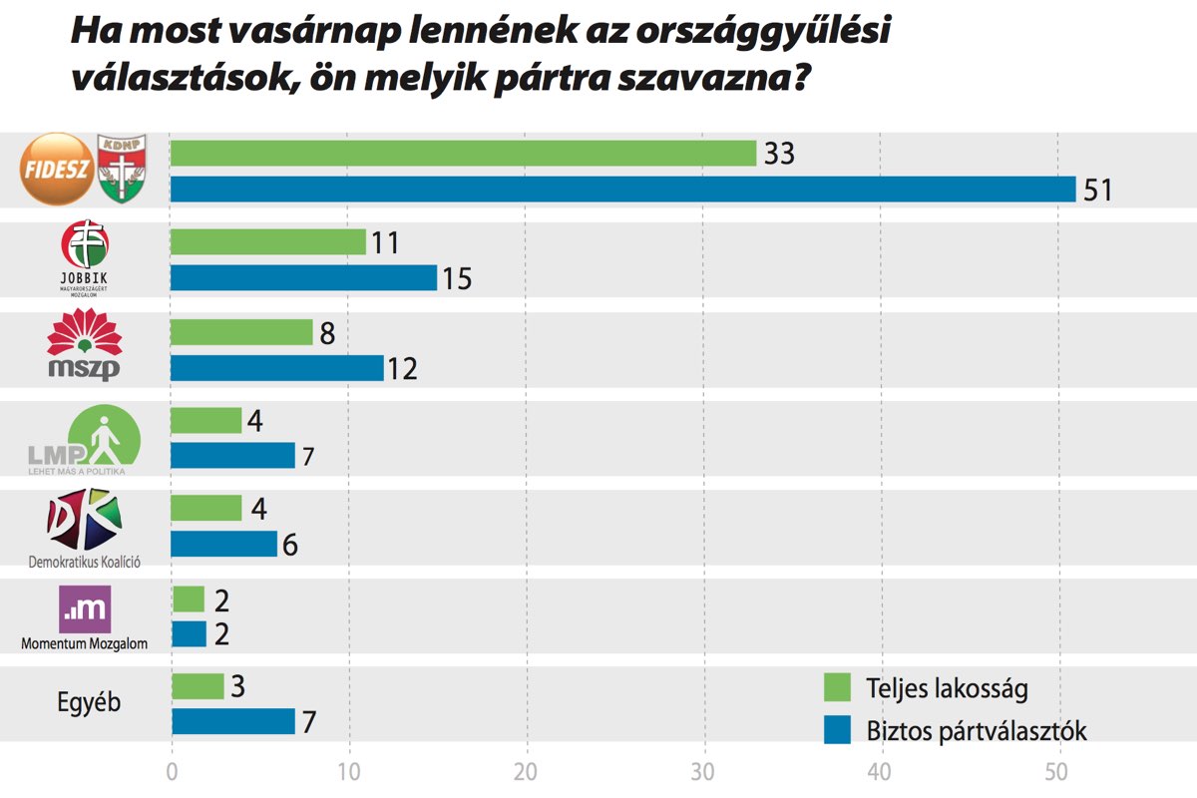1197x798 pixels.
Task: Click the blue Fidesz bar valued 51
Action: click(623, 190)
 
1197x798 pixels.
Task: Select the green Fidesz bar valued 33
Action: click(464, 154)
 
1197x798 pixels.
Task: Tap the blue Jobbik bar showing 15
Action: click(304, 278)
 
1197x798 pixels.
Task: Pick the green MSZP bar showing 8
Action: click(242, 331)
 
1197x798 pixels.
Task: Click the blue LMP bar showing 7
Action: click(233, 456)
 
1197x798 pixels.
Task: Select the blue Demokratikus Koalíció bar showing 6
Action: click(224, 545)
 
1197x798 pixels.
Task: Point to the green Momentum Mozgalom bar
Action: click(189, 599)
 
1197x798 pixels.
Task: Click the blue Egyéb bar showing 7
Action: click(233, 721)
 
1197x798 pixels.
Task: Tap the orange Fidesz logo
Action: click(59, 170)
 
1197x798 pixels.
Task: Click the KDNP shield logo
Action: click(121, 168)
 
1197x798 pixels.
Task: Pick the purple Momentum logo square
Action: click(86, 609)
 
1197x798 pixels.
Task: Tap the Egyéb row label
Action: click(88, 702)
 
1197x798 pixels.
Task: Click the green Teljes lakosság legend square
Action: click(837, 688)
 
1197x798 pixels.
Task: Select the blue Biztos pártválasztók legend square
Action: click(837, 730)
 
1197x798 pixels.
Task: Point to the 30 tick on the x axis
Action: click(705, 772)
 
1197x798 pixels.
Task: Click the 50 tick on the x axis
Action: click(1057, 772)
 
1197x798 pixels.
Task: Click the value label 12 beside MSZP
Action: click(403, 369)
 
